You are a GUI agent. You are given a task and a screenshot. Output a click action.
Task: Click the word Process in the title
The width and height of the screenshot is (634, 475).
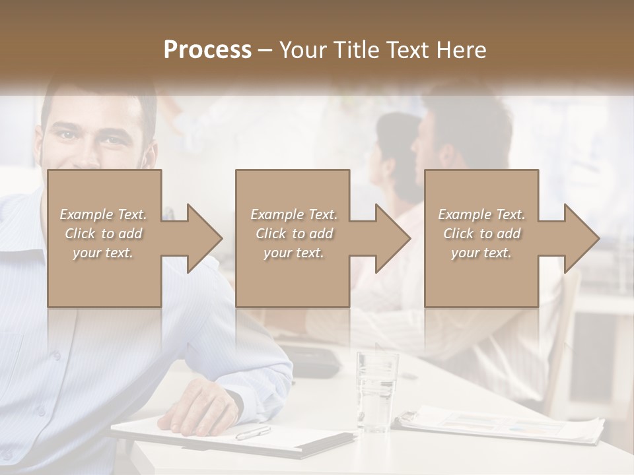pyautogui.click(x=207, y=49)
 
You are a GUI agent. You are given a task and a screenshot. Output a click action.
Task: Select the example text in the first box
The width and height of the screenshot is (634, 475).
pyautogui.click(x=103, y=234)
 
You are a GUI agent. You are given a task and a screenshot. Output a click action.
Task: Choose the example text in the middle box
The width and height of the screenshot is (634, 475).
pyautogui.click(x=294, y=234)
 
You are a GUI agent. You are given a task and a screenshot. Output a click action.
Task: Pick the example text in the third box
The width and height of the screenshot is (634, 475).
pyautogui.click(x=481, y=234)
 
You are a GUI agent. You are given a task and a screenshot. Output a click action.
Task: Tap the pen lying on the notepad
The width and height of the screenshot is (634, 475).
pyautogui.click(x=253, y=433)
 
